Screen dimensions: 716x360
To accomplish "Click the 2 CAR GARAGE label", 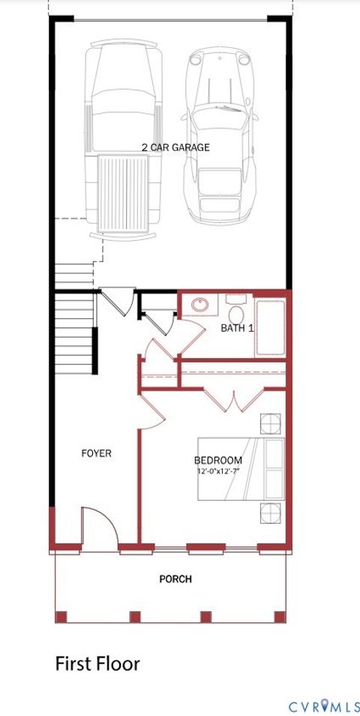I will [x=175, y=147].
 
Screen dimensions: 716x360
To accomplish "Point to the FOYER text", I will [x=96, y=453].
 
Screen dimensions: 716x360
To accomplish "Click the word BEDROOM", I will [x=217, y=460].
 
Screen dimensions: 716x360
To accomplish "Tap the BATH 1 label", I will [x=237, y=329].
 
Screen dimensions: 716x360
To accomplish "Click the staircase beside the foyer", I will [x=74, y=330].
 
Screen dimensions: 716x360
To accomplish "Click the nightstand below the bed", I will [x=270, y=514].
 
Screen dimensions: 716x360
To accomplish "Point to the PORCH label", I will [x=175, y=579].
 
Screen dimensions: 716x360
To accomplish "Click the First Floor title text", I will [x=97, y=663].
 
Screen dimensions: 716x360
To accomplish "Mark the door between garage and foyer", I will [x=115, y=301].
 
